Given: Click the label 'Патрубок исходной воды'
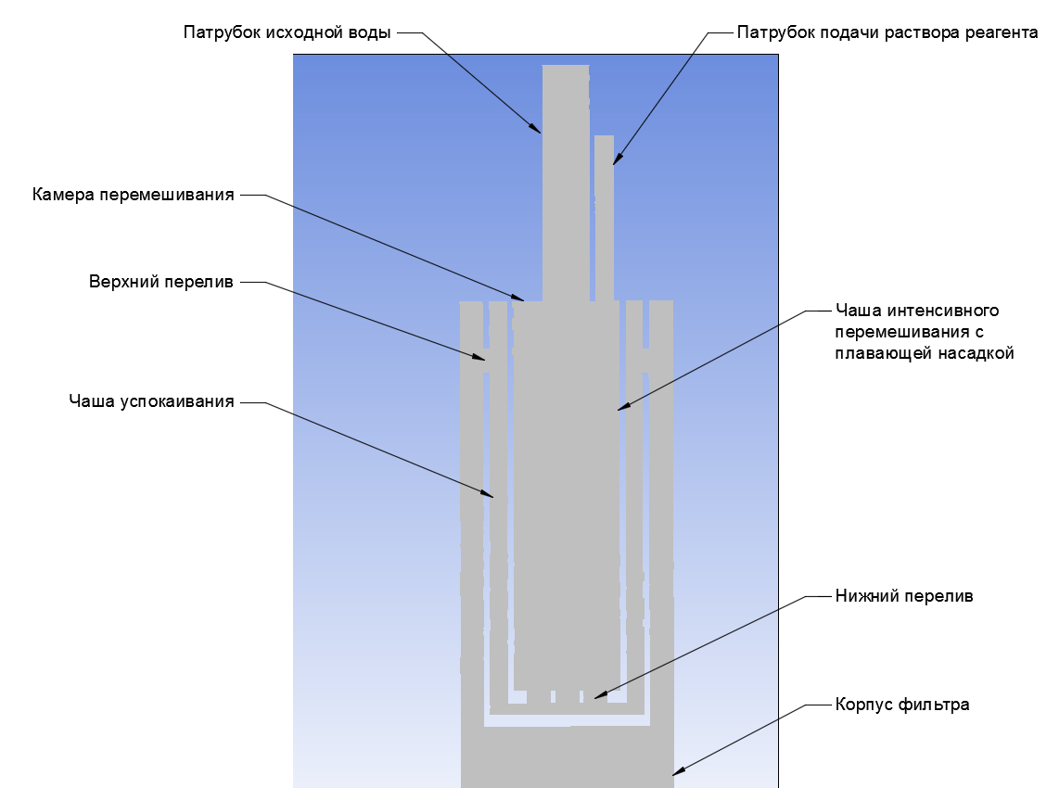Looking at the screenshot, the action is click(x=287, y=32).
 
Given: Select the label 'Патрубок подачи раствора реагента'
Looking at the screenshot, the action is click(x=887, y=32).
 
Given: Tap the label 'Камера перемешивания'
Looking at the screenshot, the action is click(x=134, y=195).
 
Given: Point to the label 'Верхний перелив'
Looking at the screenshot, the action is click(x=161, y=282).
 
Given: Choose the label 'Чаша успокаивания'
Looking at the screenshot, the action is click(x=151, y=401).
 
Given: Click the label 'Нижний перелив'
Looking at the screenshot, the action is click(x=904, y=596).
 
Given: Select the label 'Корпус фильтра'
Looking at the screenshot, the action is click(x=902, y=705).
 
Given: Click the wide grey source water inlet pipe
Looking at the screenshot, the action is click(x=566, y=183).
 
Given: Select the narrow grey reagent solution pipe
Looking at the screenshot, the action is click(x=605, y=218).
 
